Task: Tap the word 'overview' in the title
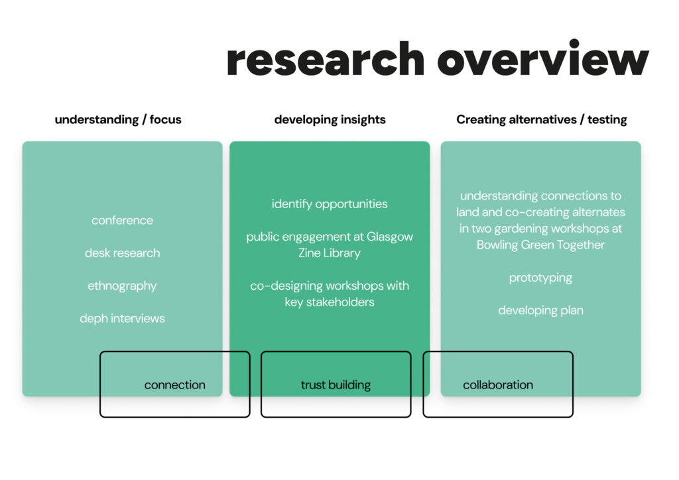pyautogui.click(x=543, y=58)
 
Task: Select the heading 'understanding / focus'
pyautogui.click(x=118, y=119)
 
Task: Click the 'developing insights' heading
pyautogui.click(x=330, y=120)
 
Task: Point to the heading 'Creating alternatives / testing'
pyautogui.click(x=542, y=119)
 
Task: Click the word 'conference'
pyautogui.click(x=122, y=220)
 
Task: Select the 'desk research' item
pyautogui.click(x=122, y=253)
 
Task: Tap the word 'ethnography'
pyautogui.click(x=122, y=286)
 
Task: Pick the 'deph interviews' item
pyautogui.click(x=122, y=318)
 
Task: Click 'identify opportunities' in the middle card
pyautogui.click(x=330, y=204)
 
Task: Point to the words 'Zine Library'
pyautogui.click(x=330, y=253)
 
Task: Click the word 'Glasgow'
pyautogui.click(x=390, y=237)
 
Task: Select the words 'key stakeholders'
pyautogui.click(x=330, y=302)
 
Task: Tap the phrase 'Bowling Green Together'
pyautogui.click(x=540, y=245)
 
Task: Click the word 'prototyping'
pyautogui.click(x=540, y=278)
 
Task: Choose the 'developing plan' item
pyautogui.click(x=540, y=311)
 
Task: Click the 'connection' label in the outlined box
pyautogui.click(x=175, y=385)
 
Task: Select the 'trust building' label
pyautogui.click(x=336, y=385)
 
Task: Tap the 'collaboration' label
pyautogui.click(x=498, y=385)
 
